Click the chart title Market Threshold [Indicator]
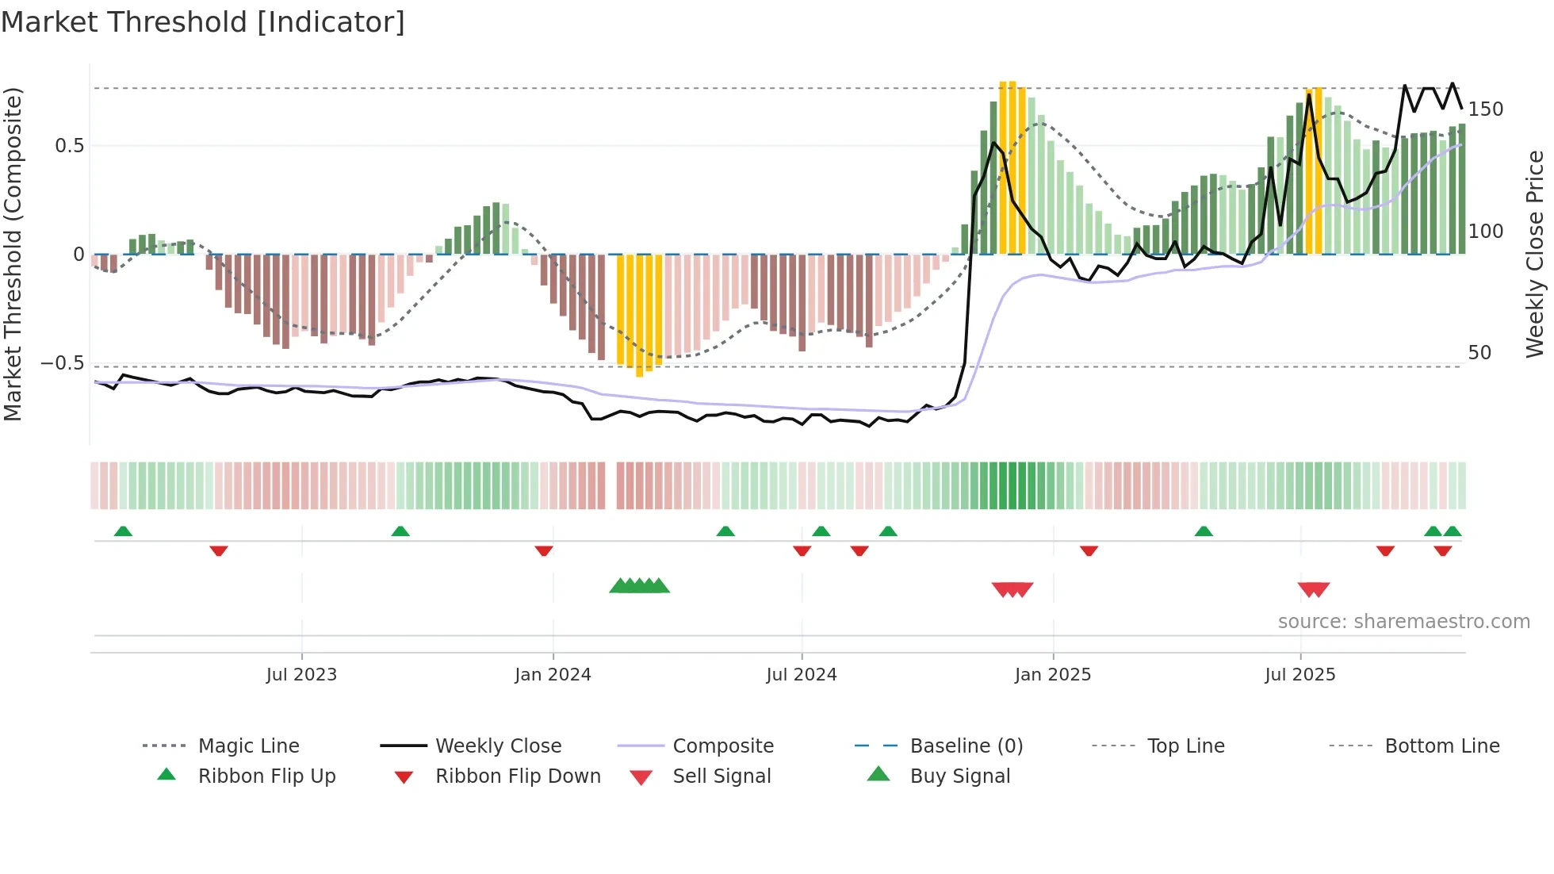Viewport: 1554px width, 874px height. tap(203, 22)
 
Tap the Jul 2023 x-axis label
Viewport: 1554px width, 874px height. tap(301, 675)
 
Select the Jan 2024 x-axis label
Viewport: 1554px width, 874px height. tap(553, 675)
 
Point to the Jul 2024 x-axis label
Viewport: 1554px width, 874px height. tap(802, 675)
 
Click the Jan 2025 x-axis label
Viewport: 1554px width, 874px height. tap(1053, 675)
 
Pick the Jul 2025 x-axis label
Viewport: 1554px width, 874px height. tap(1300, 675)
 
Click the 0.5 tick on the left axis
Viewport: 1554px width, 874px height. tap(70, 146)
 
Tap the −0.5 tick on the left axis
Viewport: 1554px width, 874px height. tap(63, 363)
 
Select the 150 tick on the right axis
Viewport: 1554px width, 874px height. tap(1486, 109)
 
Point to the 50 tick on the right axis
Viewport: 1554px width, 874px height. tap(1479, 353)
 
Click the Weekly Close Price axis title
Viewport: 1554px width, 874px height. tap(1535, 254)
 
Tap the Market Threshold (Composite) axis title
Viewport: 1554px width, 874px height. tap(13, 254)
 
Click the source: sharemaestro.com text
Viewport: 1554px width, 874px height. tap(1403, 622)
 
